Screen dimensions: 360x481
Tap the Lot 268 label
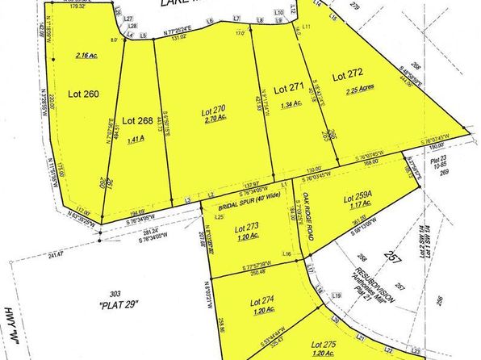click(x=137, y=121)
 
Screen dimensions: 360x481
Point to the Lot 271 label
click(x=288, y=86)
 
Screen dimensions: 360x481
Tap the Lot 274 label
click(x=258, y=299)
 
